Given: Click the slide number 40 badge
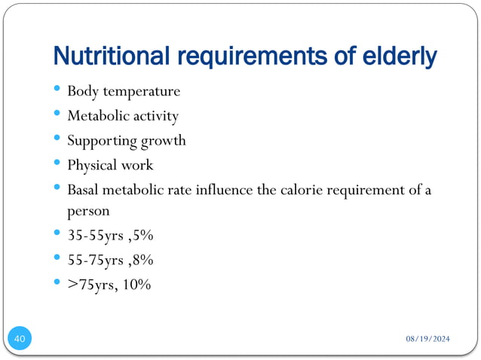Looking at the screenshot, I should click(x=20, y=340).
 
